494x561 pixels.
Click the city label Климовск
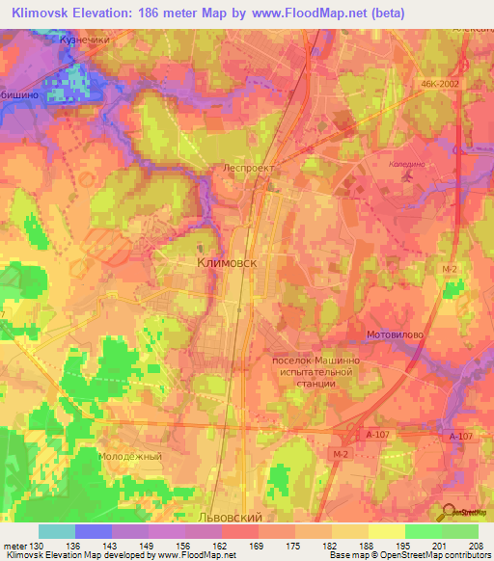[230, 261]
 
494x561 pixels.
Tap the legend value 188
[363, 546]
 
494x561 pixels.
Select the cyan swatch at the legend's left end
[56, 531]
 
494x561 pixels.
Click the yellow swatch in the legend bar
[386, 531]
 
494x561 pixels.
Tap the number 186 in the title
[169, 12]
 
